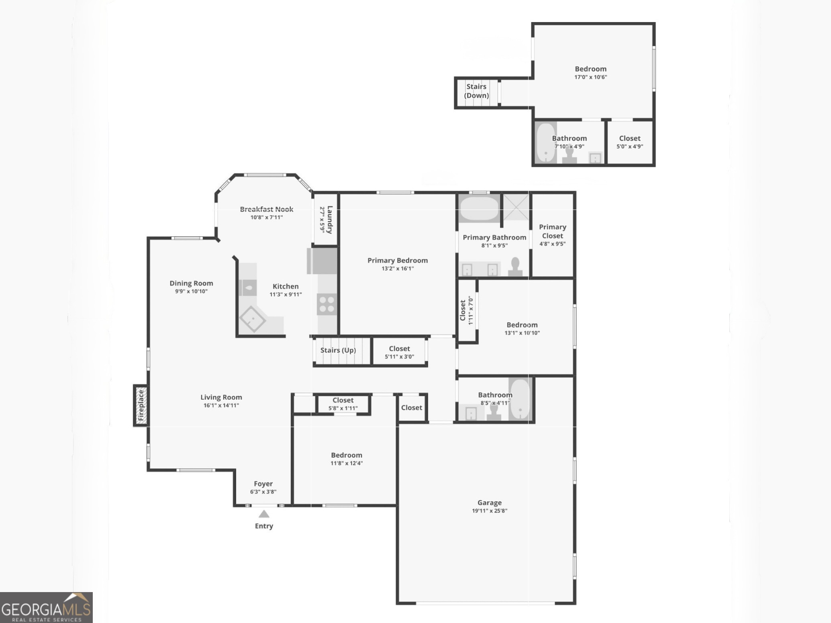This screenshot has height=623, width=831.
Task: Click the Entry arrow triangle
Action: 263,514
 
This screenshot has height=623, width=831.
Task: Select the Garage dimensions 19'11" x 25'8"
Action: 489,511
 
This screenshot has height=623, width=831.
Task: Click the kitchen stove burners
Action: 327,304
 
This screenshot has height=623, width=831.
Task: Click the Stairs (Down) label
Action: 476,91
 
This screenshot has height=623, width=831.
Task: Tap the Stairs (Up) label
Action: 338,350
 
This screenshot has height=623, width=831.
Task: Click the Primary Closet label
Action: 552,231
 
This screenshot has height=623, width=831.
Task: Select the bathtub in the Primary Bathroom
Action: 479,208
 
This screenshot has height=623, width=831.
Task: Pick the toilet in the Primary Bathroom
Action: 515,267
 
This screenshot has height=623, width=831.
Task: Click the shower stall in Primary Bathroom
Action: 516,207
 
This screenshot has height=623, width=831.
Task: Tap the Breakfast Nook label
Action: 266,209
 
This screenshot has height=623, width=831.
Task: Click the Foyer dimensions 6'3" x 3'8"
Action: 263,492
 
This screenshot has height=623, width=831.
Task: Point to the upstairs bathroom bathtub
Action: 545,143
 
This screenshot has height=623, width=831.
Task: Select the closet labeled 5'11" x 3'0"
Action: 399,352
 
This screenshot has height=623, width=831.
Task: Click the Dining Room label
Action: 191,283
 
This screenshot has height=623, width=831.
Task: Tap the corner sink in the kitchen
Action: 253,319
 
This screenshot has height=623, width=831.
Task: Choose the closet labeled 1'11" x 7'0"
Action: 466,310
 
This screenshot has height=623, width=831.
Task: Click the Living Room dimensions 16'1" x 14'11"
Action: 221,405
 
